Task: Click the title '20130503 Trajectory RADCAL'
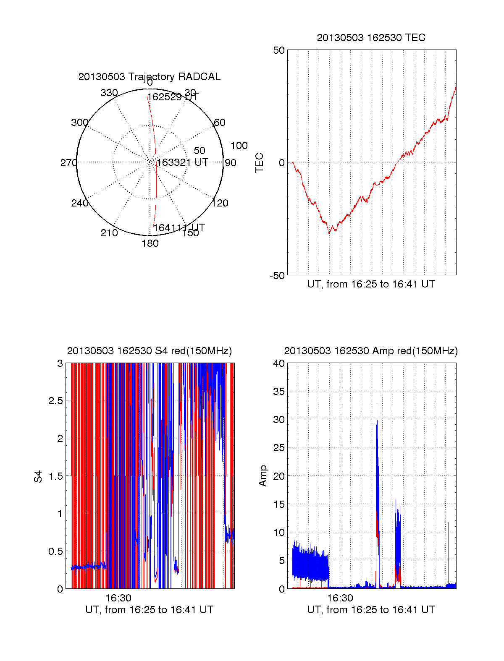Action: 149,77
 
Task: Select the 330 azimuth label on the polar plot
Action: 109,93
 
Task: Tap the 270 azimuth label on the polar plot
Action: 68,163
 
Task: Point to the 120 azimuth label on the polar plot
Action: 220,203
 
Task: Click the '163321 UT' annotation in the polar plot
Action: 183,162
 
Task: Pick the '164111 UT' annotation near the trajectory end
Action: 179,228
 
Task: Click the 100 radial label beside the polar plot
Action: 239,146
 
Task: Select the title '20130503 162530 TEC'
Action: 371,38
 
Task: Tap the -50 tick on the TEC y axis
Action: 277,275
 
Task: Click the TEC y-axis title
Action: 260,162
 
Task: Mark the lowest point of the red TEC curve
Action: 329,233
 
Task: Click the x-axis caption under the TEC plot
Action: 371,284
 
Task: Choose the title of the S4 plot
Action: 149,351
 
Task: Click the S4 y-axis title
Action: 38,476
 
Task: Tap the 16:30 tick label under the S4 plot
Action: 118,598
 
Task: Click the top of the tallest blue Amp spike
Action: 377,404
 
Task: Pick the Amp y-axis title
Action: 263,476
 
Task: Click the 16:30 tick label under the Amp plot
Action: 340,598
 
